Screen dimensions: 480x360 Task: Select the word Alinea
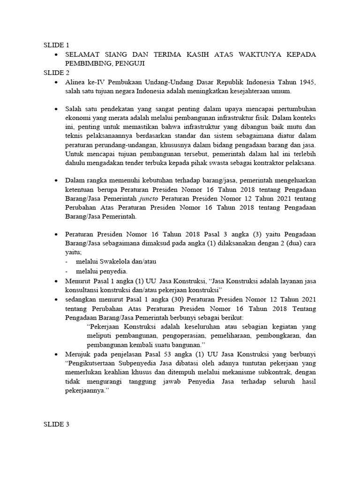pos(75,82)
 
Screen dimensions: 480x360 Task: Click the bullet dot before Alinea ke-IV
pos(56,82)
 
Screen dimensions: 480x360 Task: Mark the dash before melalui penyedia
pos(67,271)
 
